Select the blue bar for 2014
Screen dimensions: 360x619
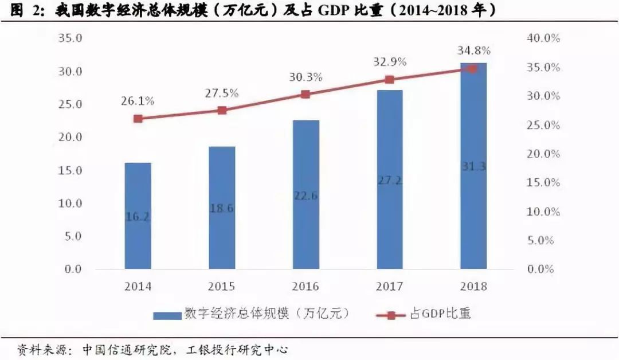click(x=138, y=216)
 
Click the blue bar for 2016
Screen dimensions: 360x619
click(x=305, y=195)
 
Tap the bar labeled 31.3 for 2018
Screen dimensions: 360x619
click(x=473, y=166)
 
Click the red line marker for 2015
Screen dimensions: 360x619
click(x=222, y=110)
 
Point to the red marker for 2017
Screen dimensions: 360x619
click(x=389, y=80)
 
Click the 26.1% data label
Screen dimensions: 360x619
click(x=138, y=101)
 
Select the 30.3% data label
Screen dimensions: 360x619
click(x=305, y=77)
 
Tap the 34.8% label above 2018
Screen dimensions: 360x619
click(x=473, y=50)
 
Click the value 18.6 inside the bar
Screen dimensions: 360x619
click(x=222, y=209)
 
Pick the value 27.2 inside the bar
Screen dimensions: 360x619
click(x=389, y=181)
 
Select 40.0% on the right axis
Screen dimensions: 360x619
click(x=542, y=38)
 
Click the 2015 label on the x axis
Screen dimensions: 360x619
click(x=222, y=286)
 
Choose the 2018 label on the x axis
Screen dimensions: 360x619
click(x=473, y=286)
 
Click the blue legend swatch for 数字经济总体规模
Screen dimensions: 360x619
click(x=166, y=315)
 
